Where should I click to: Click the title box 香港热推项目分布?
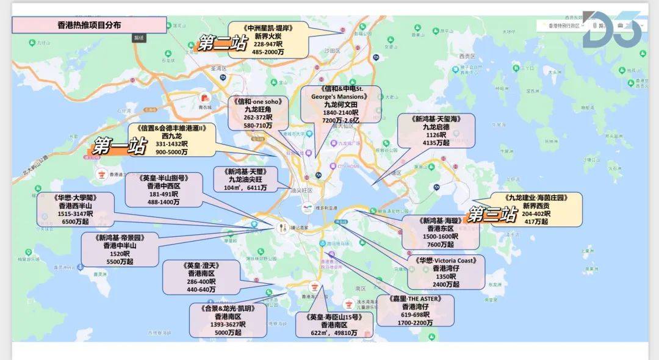[89, 25]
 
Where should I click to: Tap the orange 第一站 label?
[120, 145]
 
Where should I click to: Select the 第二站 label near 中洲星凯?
[223, 43]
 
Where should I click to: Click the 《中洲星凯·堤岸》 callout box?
[268, 40]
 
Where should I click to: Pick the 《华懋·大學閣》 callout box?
[74, 211]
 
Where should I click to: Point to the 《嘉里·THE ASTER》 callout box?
[416, 311]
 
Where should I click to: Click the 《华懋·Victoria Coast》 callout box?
[446, 272]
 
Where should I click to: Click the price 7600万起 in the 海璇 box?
[440, 244]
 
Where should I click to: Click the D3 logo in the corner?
[611, 29]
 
